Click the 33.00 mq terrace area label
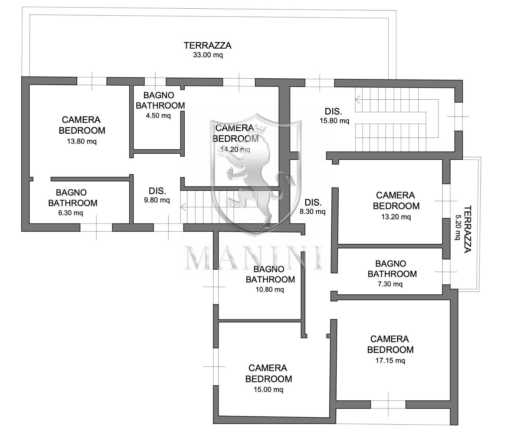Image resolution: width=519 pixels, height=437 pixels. click(x=208, y=55)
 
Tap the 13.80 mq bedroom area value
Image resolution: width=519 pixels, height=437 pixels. click(x=82, y=141)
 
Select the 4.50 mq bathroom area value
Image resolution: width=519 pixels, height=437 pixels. click(x=158, y=116)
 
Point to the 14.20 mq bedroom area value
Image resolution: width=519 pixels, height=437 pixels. click(x=235, y=149)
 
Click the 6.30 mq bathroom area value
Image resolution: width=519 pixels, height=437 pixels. click(x=71, y=213)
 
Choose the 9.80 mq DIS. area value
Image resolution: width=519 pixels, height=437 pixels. click(x=157, y=200)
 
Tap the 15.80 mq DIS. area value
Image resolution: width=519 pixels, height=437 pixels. click(x=334, y=121)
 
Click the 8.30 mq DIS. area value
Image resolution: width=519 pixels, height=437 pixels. click(x=312, y=211)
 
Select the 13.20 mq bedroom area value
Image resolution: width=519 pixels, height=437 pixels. click(x=396, y=217)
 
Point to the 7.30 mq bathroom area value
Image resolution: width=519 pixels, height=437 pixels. click(x=390, y=284)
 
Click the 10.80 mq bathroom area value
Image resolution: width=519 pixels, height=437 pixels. click(x=270, y=290)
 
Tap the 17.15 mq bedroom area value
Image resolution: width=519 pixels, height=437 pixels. click(x=390, y=360)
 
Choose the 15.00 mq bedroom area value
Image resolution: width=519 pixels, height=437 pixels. click(x=268, y=389)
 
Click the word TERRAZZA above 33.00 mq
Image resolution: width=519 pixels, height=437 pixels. click(x=208, y=45)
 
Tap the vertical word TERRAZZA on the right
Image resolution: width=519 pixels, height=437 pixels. click(x=467, y=229)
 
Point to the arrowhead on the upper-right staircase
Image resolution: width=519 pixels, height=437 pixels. click(x=358, y=100)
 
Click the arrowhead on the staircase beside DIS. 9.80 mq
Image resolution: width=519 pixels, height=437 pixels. click(x=183, y=207)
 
